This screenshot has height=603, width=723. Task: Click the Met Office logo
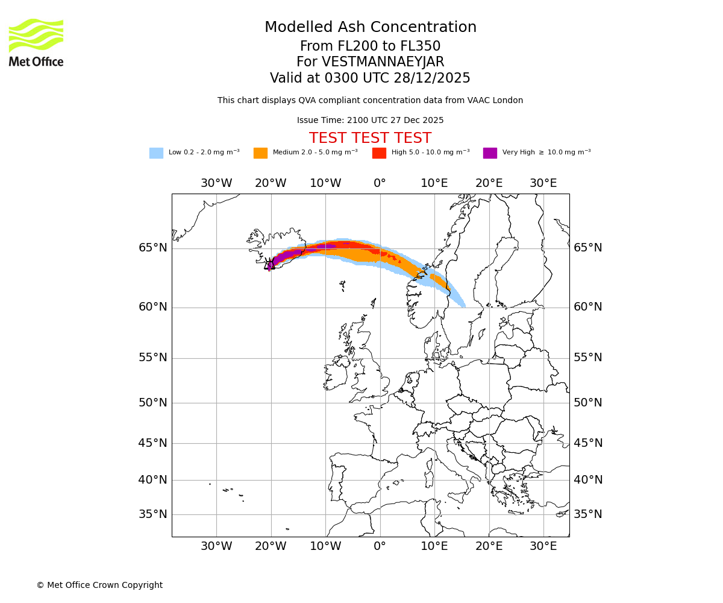[36, 42]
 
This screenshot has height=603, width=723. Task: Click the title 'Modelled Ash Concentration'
[370, 28]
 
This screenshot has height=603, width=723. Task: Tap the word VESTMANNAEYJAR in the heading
[383, 62]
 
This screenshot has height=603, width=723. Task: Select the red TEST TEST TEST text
[370, 139]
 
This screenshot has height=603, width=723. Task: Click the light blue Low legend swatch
[156, 153]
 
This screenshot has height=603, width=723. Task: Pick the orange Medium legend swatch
[260, 153]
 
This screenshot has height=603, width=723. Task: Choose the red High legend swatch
[379, 153]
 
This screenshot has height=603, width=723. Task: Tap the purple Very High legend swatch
[490, 153]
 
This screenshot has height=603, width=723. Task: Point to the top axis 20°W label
[271, 183]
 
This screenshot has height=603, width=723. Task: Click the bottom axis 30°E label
[543, 546]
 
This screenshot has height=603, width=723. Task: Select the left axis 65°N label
[153, 248]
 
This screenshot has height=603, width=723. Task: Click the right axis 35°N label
[587, 514]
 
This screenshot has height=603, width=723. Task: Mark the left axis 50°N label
[153, 403]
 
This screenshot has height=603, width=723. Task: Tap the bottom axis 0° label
[380, 546]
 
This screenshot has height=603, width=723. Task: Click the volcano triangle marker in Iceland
[269, 265]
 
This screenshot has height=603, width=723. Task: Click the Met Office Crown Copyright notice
[99, 585]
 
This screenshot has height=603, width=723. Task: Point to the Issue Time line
[370, 121]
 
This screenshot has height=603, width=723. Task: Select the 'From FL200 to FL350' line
[370, 46]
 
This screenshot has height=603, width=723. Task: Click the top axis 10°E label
[434, 183]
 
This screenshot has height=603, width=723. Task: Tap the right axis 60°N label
[587, 307]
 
